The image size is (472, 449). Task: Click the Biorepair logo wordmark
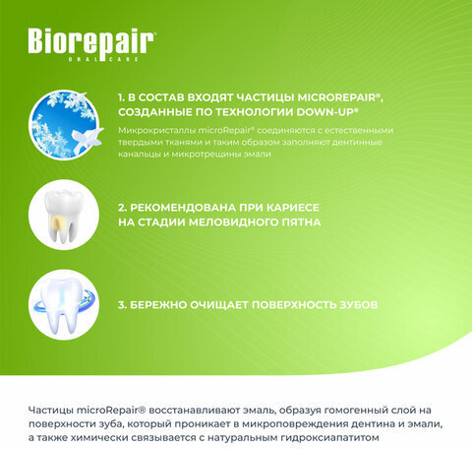click(x=90, y=43)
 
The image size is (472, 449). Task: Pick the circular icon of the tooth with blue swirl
click(x=64, y=304)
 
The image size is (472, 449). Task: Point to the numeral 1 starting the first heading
click(x=121, y=98)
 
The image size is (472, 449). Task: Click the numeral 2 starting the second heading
click(x=121, y=208)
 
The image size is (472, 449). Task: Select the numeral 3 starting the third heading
click(x=121, y=304)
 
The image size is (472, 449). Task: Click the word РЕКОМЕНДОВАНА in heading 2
click(x=183, y=208)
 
